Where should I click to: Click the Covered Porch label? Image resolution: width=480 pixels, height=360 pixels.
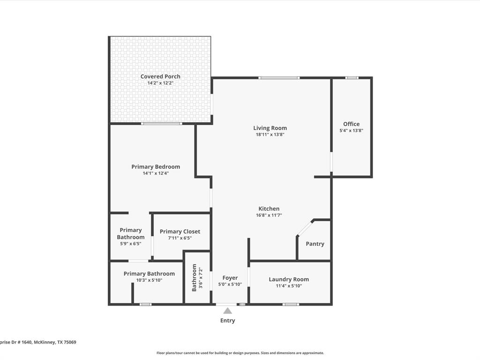[x=160, y=76]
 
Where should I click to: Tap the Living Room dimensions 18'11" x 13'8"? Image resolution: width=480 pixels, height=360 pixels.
[x=270, y=135]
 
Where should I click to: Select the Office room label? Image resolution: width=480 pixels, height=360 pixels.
[x=351, y=124]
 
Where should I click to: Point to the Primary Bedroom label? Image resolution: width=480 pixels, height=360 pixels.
[x=156, y=167]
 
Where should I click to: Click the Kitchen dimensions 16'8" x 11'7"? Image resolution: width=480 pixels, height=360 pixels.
[x=269, y=216]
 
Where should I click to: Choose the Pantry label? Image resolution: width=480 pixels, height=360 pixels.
[x=315, y=244]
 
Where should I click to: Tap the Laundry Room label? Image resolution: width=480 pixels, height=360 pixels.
[x=289, y=279]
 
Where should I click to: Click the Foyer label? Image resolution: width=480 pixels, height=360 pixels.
[x=230, y=278]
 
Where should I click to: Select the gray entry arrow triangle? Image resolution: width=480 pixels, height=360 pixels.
[x=228, y=311]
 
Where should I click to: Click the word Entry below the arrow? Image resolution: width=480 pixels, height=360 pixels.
[x=228, y=321]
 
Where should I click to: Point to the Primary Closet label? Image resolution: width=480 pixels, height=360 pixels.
[x=180, y=232]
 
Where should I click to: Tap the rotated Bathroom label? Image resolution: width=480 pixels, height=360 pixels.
[x=194, y=277]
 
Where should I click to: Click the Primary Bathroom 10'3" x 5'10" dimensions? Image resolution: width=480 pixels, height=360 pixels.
[x=149, y=280]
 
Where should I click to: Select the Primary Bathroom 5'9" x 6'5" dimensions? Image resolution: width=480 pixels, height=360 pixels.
[x=131, y=244]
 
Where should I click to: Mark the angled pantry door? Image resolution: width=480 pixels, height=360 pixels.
[x=305, y=228]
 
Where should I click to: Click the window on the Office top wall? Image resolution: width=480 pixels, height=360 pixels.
[x=352, y=78]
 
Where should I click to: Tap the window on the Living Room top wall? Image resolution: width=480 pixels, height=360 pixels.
[x=279, y=78]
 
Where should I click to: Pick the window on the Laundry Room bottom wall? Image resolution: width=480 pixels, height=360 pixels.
[x=291, y=305]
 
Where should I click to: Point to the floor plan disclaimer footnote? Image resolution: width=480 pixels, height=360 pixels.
[x=240, y=353]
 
